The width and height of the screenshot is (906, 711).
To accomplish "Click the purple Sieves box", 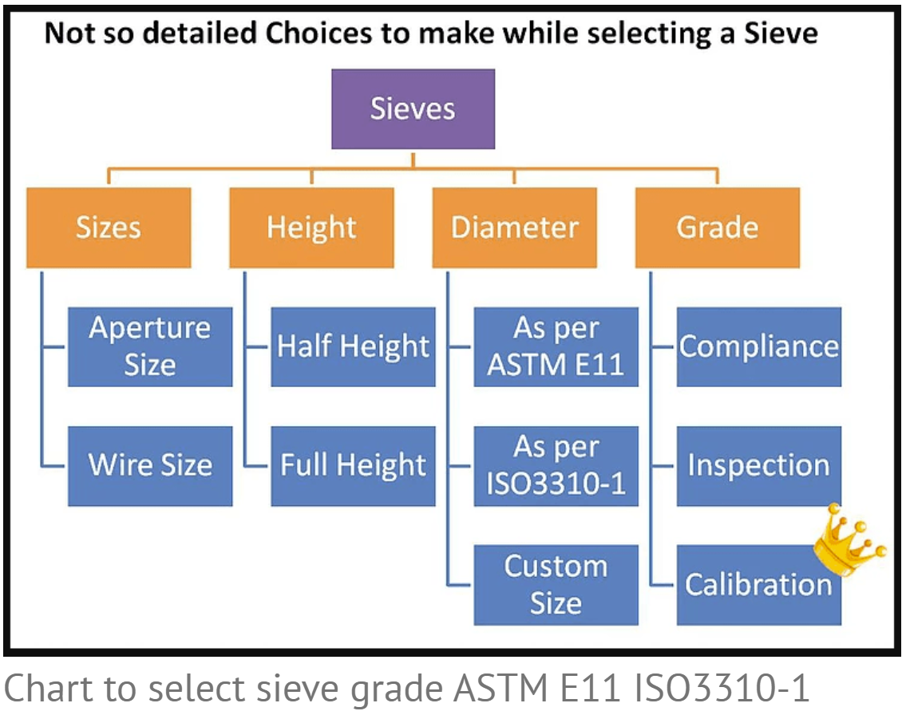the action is click(x=413, y=109).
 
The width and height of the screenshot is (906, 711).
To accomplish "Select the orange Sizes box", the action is click(x=109, y=227).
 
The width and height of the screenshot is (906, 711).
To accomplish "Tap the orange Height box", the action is click(x=312, y=227).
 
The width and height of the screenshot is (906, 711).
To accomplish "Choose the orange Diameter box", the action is click(x=515, y=227).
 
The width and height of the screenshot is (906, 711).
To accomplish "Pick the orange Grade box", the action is click(x=718, y=227).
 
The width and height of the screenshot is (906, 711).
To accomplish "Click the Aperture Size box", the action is click(x=150, y=346).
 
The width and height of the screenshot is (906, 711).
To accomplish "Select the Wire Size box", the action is click(x=150, y=466).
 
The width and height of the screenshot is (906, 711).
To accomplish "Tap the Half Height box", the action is click(x=353, y=346).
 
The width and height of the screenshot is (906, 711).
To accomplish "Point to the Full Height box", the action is click(x=353, y=466).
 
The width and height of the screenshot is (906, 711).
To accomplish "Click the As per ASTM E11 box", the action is click(x=556, y=346).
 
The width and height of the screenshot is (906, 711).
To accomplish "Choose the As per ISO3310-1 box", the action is click(x=556, y=466).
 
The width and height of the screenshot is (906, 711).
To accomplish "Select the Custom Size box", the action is click(x=556, y=585).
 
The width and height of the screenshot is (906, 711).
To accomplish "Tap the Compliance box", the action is click(x=759, y=346).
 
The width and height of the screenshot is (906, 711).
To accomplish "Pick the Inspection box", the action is click(x=759, y=466).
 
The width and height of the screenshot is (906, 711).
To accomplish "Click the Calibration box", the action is click(x=759, y=585).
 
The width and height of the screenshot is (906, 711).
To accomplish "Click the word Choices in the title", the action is click(x=319, y=33).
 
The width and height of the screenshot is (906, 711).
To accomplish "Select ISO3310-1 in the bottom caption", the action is click(x=722, y=688).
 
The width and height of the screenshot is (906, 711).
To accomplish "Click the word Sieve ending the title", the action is click(x=781, y=33).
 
